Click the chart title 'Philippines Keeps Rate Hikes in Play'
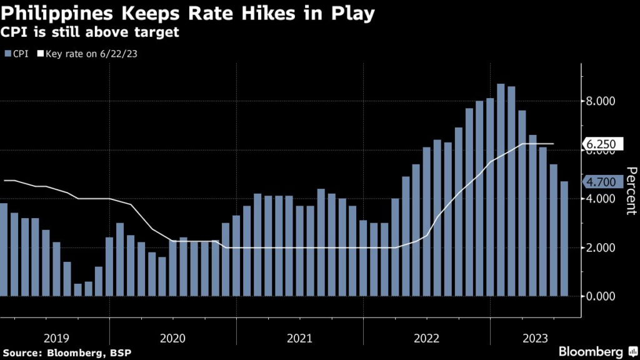pos(188,14)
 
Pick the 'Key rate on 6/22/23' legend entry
pos(87,54)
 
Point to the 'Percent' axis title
pos(631,191)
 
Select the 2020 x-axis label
pos(173,338)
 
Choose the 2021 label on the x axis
pos(300,338)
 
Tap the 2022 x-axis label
pos(427,338)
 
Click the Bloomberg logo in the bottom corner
pos(591,352)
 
